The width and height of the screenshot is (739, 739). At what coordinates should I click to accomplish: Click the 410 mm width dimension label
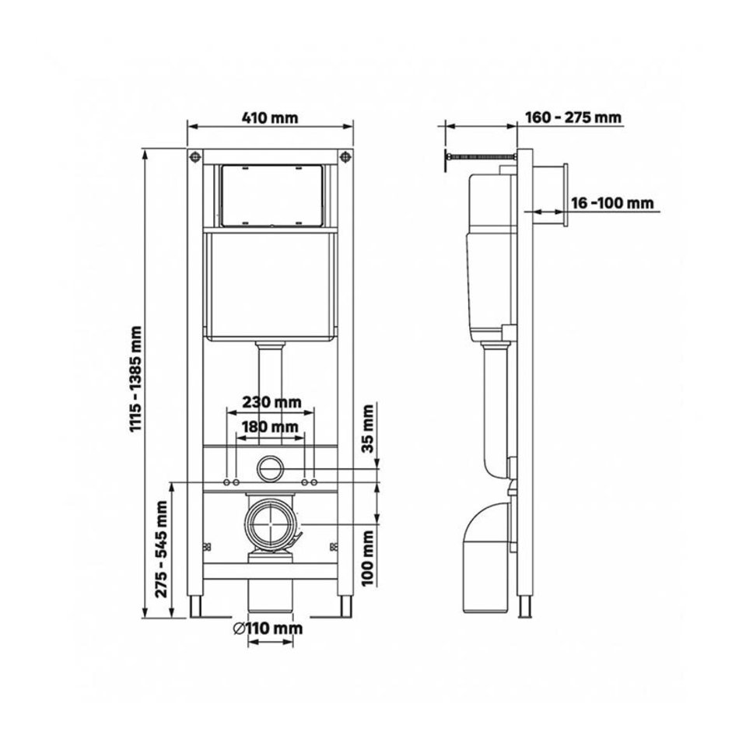pos(270,117)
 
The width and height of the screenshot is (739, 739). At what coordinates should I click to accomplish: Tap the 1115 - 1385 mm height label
pos(135,379)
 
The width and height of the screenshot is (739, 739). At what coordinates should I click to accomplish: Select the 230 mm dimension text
pos(271,402)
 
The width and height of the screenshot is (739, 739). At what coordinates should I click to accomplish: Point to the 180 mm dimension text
pos(270,427)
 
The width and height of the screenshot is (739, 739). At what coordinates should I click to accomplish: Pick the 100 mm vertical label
pos(368,558)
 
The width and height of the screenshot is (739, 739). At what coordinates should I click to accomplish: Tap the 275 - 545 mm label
pos(162,549)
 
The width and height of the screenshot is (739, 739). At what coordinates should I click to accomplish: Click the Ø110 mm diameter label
pos(268,629)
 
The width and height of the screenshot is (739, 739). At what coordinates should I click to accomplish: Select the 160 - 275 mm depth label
pos(573,117)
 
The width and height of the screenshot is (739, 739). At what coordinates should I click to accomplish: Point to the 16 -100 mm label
pos(612,203)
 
